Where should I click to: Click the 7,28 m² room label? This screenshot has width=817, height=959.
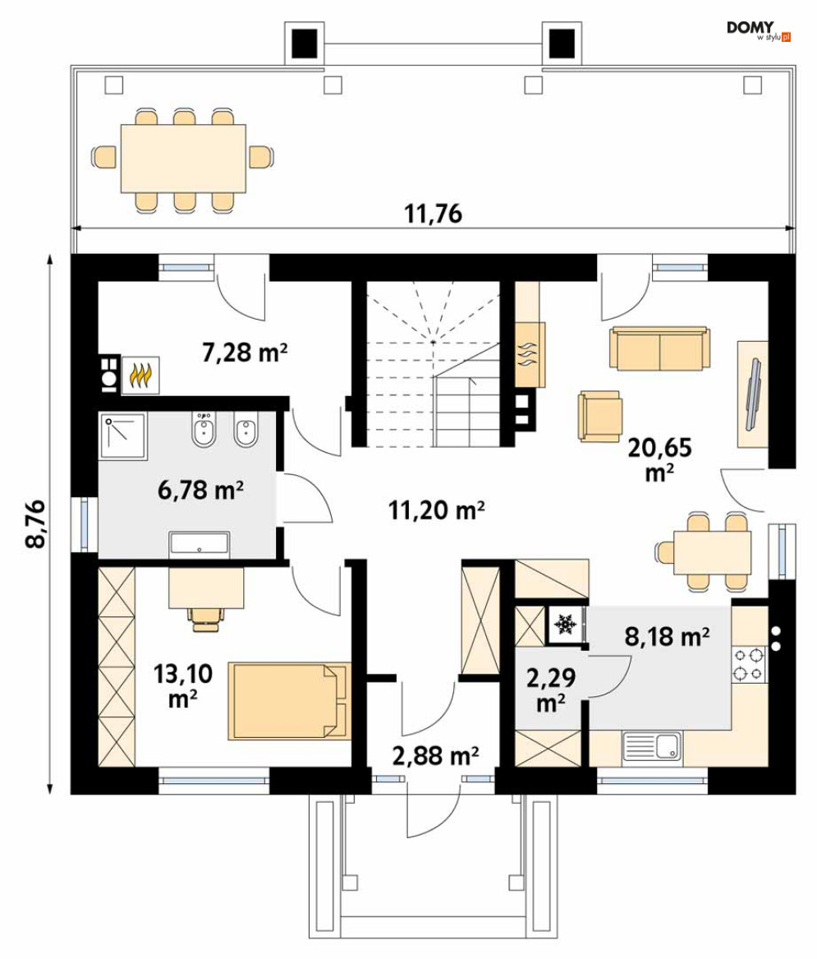[x=245, y=353]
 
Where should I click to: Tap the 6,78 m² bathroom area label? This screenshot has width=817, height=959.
[x=200, y=490]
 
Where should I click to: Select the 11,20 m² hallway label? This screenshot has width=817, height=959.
[x=437, y=509]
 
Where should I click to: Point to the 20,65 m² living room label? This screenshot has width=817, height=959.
[x=660, y=459]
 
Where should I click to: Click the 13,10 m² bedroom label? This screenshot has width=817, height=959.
[x=183, y=685]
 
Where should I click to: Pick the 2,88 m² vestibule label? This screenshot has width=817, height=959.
[x=435, y=756]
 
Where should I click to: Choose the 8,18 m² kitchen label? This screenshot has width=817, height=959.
[x=667, y=637]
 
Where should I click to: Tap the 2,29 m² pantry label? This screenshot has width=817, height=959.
[x=551, y=690]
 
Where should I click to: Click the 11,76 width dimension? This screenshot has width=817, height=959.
[x=434, y=214]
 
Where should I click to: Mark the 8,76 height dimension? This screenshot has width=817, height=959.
[x=35, y=523]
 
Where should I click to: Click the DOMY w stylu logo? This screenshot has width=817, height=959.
[x=759, y=30]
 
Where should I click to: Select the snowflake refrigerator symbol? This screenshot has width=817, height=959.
[x=565, y=625]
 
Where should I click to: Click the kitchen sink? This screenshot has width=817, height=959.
[x=651, y=746]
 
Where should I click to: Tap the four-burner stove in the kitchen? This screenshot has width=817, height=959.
[x=749, y=665]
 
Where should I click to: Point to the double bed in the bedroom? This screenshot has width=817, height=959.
[x=290, y=701]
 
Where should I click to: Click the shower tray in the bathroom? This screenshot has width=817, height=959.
[x=123, y=436]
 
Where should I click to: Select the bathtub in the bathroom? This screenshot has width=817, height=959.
[x=200, y=543]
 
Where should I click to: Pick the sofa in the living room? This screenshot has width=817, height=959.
[x=659, y=348]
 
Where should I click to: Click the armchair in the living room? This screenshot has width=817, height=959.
[x=600, y=416]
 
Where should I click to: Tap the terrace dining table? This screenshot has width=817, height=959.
[x=183, y=159]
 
